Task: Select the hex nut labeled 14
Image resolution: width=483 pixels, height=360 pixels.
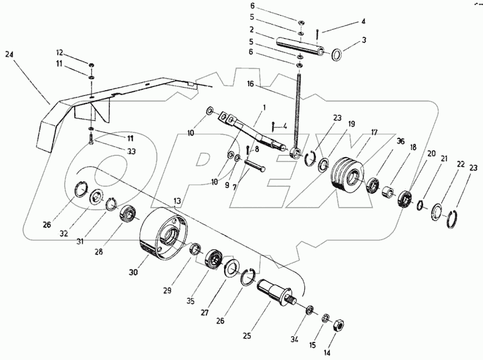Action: coord(339,324)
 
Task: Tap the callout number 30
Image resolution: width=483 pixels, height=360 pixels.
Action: coord(133,272)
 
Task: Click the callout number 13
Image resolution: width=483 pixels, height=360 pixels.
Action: coord(177,200)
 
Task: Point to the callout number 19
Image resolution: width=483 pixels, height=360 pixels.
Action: coord(351,124)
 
